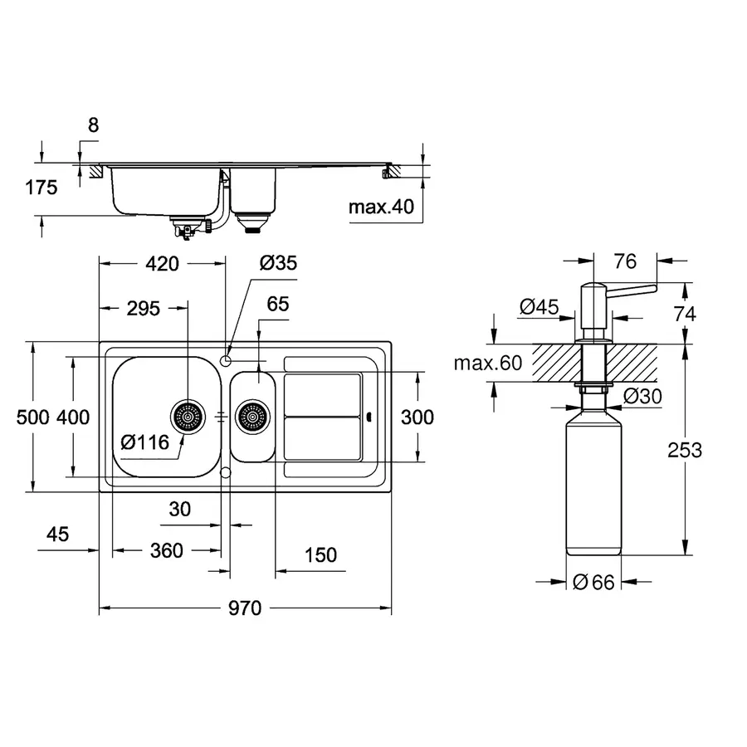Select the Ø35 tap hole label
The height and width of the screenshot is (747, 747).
pyautogui.click(x=277, y=264)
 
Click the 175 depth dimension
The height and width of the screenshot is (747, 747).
pyautogui.click(x=41, y=188)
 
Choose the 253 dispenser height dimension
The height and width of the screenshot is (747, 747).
pyautogui.click(x=684, y=450)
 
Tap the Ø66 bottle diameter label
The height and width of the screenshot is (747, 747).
pyautogui.click(x=593, y=583)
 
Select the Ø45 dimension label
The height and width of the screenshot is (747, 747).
pyautogui.click(x=538, y=307)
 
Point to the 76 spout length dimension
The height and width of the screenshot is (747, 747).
pyautogui.click(x=626, y=261)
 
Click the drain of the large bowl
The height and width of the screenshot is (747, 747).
pyautogui.click(x=188, y=416)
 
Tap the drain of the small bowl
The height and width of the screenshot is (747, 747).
pyautogui.click(x=252, y=416)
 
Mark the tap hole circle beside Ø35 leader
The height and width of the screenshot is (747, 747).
pyautogui.click(x=226, y=359)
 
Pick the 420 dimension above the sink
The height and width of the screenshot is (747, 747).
pyautogui.click(x=162, y=264)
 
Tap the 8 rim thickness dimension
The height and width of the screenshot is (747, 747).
pyautogui.click(x=93, y=125)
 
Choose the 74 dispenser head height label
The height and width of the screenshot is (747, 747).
pyautogui.click(x=684, y=314)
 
